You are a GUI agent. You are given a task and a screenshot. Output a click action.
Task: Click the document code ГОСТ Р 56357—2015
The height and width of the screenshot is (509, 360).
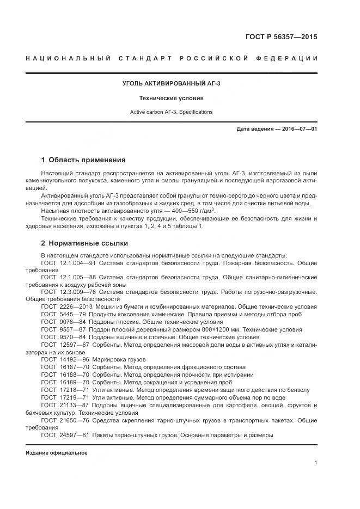[283, 38]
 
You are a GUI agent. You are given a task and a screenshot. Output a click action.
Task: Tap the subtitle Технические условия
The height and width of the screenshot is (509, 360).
[171, 99]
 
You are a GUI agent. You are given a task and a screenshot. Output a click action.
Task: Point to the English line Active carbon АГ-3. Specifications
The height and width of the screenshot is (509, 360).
[171, 112]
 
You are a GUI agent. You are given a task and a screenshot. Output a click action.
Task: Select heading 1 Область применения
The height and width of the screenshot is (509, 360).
[83, 160]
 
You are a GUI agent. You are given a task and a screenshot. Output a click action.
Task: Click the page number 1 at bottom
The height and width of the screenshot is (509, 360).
[316, 463]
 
